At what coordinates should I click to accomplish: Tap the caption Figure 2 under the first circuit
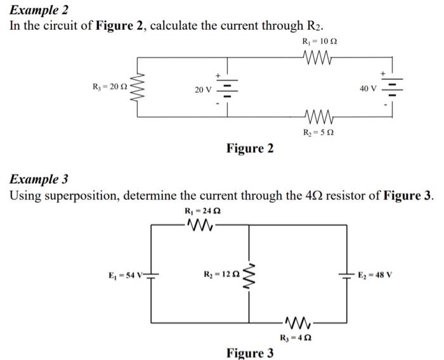point(250,148)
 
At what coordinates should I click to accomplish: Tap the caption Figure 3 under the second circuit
point(250,352)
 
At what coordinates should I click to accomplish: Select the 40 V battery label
point(368,88)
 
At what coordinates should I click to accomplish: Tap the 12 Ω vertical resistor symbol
point(249,274)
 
